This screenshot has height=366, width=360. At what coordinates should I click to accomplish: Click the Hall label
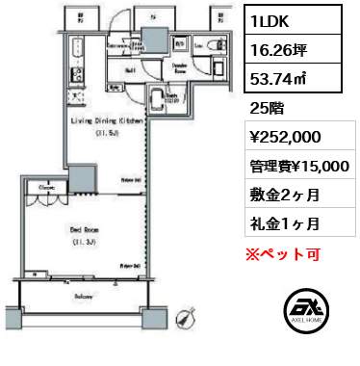coord(127,70)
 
